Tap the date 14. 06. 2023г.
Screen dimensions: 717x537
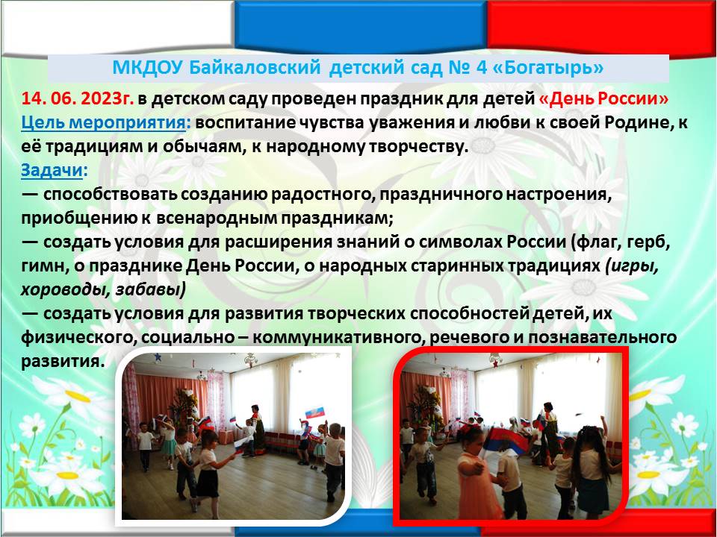[x=77, y=98]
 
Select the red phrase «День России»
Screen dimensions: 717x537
[x=604, y=98]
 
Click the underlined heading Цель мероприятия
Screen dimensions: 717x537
[x=103, y=123]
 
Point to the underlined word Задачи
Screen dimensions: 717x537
[x=52, y=171]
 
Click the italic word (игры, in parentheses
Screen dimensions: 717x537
[x=632, y=266]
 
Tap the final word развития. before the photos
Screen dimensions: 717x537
[x=63, y=362]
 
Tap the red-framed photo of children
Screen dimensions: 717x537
[x=511, y=436]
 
